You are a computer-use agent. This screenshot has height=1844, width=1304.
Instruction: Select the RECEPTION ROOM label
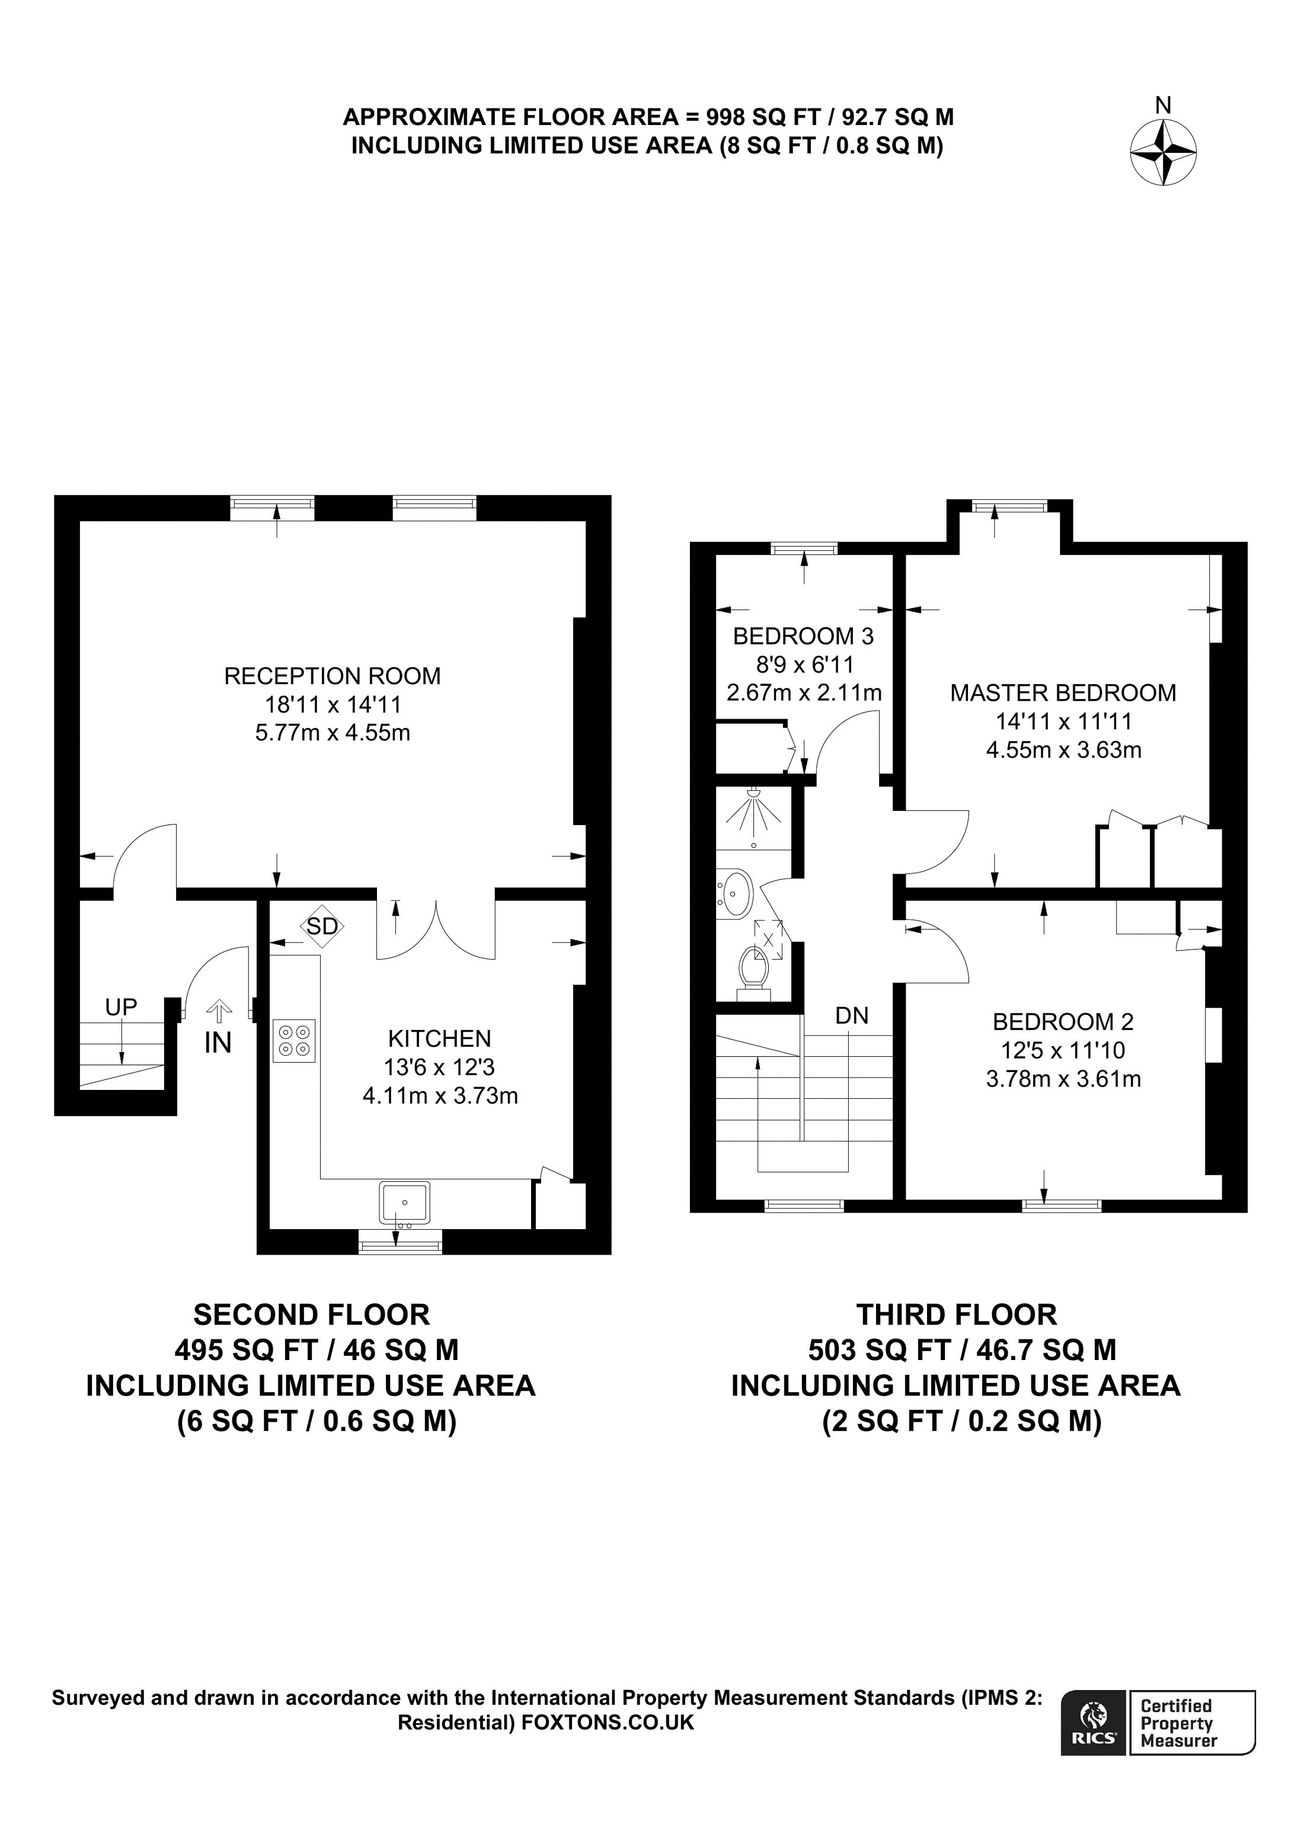point(332,676)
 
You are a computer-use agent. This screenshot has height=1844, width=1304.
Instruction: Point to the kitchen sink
point(404,1202)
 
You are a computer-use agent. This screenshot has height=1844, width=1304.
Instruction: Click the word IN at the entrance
point(218,1043)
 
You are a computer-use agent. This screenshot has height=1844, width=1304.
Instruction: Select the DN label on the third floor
point(852,1015)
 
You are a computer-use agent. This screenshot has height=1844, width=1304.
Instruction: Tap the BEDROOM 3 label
point(803,636)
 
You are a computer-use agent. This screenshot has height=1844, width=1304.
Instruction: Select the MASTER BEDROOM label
point(1062,692)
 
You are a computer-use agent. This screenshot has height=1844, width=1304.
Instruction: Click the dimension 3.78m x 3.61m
point(1062,1079)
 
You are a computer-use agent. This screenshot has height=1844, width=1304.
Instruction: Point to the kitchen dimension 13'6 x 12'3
point(439,1067)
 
